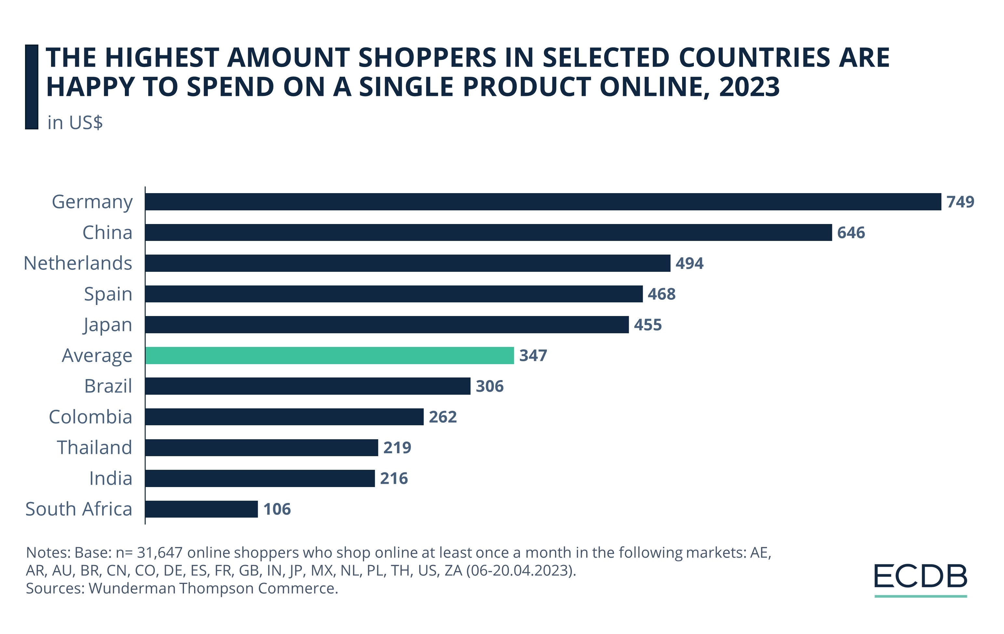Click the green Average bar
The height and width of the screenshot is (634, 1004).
(329, 356)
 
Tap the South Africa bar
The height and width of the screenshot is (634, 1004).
(201, 509)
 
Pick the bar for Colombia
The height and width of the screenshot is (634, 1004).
(284, 417)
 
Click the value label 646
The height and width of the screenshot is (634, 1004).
(851, 232)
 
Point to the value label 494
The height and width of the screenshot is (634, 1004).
(689, 263)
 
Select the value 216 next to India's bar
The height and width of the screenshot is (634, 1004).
(394, 479)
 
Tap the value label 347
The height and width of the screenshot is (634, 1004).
(533, 356)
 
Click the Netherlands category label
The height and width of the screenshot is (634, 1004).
(78, 263)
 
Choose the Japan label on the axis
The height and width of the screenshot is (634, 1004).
(108, 325)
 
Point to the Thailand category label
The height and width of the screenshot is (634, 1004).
(95, 448)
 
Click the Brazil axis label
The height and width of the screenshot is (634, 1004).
(108, 386)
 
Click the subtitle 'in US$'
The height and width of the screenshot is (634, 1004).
(75, 123)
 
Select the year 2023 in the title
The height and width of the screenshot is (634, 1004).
(749, 87)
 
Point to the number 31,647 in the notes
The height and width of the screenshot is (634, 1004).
(160, 553)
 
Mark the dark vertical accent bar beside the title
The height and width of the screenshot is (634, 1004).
(32, 87)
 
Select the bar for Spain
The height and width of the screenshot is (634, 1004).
(394, 294)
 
